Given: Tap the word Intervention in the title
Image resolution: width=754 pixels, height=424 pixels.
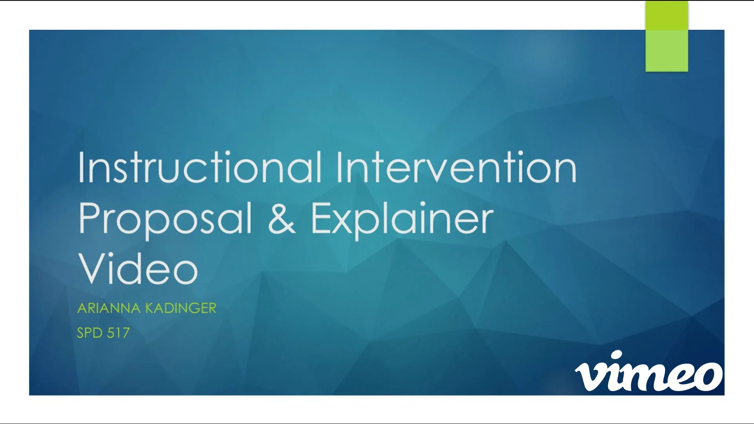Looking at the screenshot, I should [456, 168].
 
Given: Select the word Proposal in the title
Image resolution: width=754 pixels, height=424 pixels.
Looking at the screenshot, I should [165, 219].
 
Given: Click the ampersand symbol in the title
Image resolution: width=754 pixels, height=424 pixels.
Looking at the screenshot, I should [281, 219].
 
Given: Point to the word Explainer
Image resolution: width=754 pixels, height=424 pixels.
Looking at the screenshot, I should [402, 219].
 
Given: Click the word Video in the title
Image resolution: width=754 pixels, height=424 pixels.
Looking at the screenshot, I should [138, 269].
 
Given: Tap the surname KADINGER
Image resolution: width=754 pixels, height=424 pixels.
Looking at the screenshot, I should [181, 308].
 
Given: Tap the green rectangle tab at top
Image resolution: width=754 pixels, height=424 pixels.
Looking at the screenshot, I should [666, 36].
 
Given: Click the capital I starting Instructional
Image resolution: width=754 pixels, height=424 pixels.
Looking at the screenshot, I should [81, 168].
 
